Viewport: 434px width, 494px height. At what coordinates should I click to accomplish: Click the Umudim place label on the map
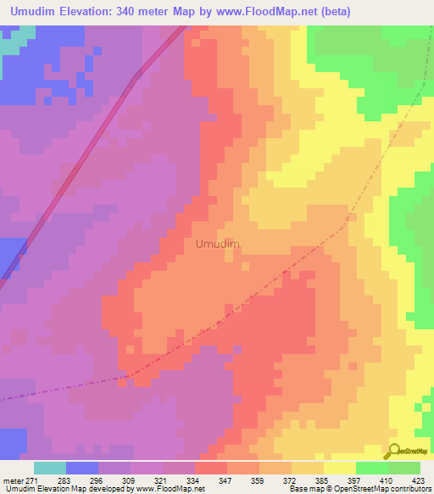[x=217, y=244]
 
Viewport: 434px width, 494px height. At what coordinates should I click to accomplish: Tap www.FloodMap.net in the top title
[x=265, y=12]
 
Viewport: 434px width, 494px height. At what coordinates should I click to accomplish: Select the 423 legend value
[x=418, y=480]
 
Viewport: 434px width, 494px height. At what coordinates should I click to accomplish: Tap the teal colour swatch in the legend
[x=50, y=468]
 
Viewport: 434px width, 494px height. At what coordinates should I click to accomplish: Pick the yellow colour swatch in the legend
[x=340, y=468]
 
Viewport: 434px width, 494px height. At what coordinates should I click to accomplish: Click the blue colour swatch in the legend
[x=82, y=468]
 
